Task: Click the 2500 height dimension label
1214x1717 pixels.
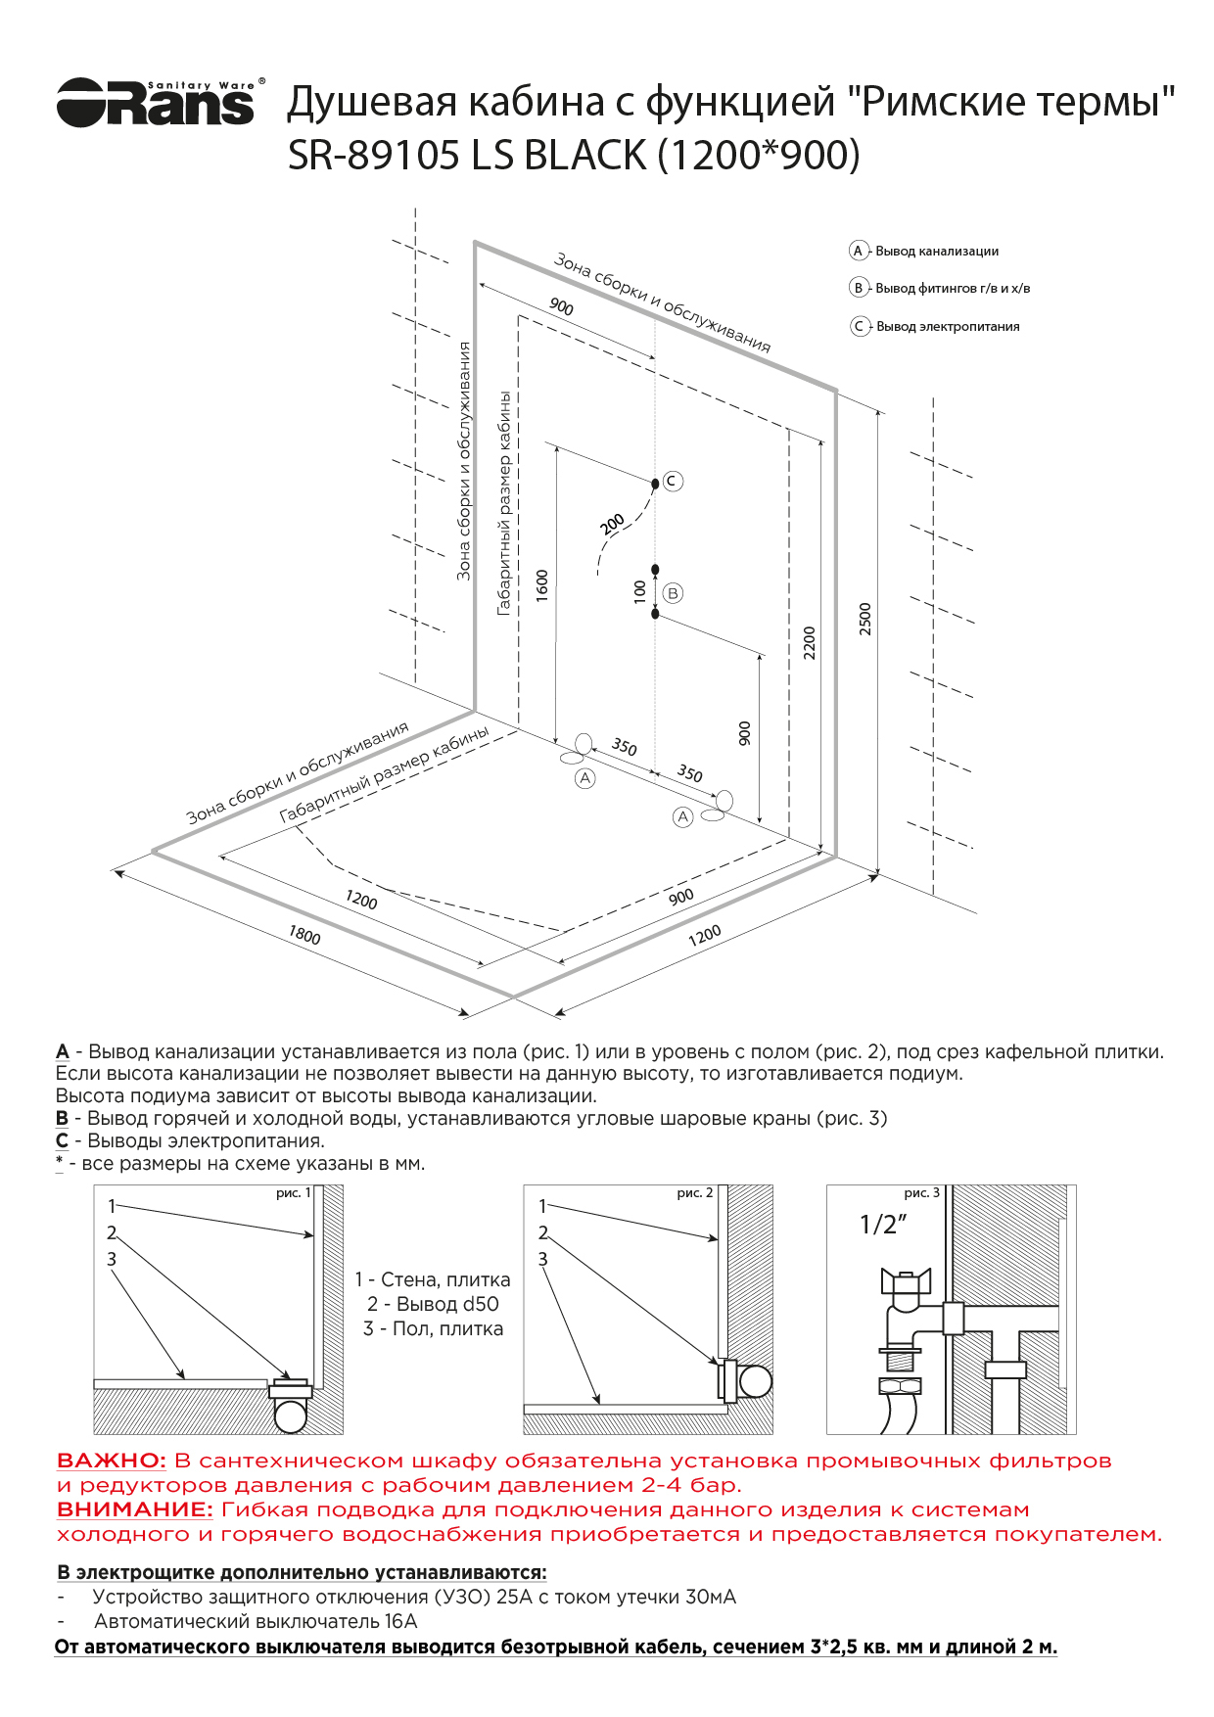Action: (x=864, y=619)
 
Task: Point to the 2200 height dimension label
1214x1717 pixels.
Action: (x=809, y=643)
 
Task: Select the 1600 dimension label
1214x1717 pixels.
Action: (x=542, y=585)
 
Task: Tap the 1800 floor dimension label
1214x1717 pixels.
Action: (x=304, y=936)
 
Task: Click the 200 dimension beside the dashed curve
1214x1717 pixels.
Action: (x=612, y=525)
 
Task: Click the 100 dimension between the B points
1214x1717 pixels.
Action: (x=639, y=591)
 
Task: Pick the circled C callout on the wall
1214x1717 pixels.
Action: (x=673, y=481)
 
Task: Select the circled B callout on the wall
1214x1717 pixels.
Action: (x=673, y=593)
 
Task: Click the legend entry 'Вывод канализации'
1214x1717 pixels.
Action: (x=936, y=252)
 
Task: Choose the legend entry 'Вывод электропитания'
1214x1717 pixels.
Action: (x=947, y=327)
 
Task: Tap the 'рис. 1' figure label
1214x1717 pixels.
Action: (x=293, y=1193)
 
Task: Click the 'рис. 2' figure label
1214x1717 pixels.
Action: (x=694, y=1193)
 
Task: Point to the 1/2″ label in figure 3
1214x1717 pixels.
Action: (x=883, y=1225)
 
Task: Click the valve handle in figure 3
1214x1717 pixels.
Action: (x=906, y=1280)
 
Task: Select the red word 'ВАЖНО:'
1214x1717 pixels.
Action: (x=112, y=1461)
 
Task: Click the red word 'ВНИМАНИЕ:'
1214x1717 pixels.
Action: (x=134, y=1509)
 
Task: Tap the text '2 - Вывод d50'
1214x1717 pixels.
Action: (x=433, y=1304)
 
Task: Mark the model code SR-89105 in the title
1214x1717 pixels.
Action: (x=373, y=156)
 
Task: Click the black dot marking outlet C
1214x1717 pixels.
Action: (x=655, y=484)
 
